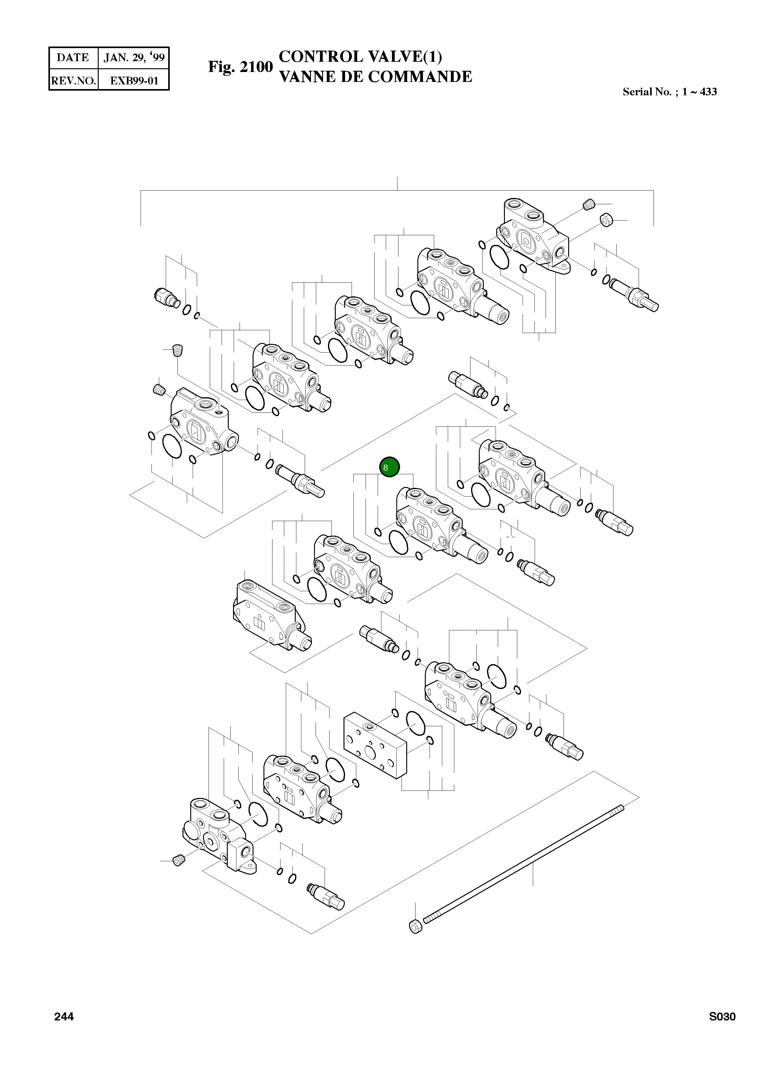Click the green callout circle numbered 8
click(x=389, y=467)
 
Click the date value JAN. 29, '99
click(x=134, y=58)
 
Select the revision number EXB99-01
click(x=134, y=80)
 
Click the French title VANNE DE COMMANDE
click(x=375, y=77)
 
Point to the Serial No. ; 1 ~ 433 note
click(x=669, y=92)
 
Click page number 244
click(x=64, y=1017)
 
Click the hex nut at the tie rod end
click(x=415, y=926)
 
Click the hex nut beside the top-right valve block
click(x=606, y=220)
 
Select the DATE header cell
click(x=73, y=58)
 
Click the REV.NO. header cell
click(x=73, y=80)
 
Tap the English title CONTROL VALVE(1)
click(x=360, y=57)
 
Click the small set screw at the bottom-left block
click(x=178, y=861)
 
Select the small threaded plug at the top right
click(x=588, y=205)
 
